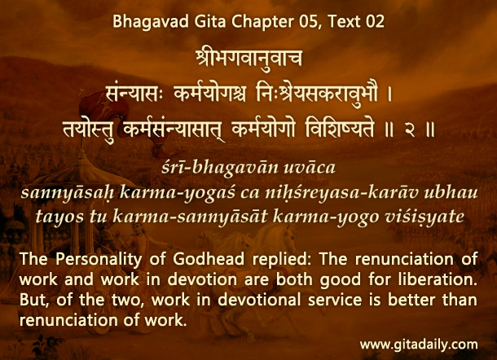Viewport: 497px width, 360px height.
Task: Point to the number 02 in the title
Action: coord(375,21)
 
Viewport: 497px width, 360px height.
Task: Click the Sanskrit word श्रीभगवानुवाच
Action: coord(248,59)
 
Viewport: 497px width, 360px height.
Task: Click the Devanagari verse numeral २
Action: coord(410,130)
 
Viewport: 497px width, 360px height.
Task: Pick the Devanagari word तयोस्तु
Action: coord(89,130)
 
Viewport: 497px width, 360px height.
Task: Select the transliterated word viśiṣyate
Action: coord(424,217)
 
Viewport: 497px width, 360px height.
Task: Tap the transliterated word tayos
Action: coord(59,217)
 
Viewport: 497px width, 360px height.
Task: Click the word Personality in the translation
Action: coord(99,260)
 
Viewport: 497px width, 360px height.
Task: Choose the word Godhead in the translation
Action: coord(209,259)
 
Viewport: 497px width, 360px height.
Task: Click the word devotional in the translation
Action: coord(259,300)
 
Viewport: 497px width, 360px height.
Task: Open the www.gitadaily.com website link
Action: coord(419,345)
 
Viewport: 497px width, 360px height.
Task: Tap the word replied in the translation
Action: coord(282,260)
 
